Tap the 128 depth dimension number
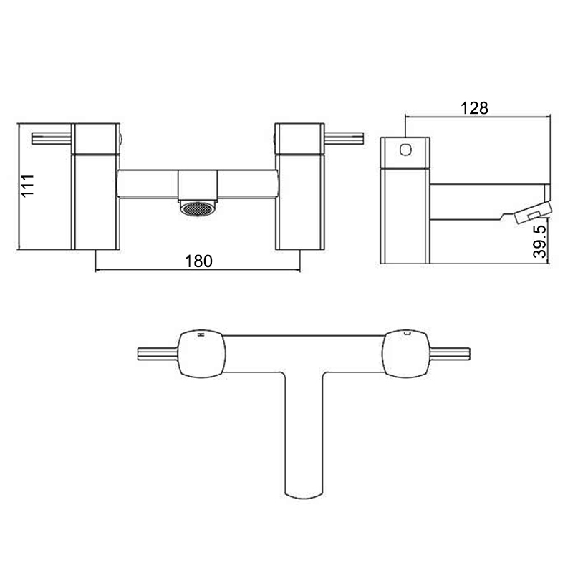click(475, 107)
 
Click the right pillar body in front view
click(297, 201)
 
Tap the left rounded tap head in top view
click(202, 355)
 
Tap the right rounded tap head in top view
click(405, 355)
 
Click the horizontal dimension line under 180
click(143, 270)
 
